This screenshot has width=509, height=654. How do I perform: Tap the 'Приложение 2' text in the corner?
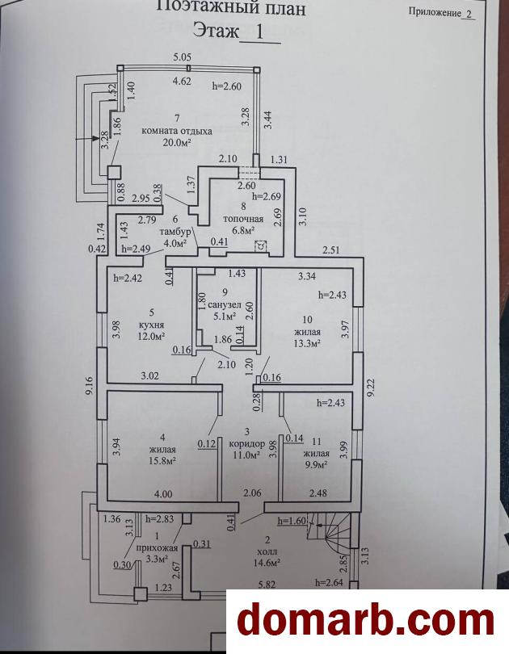[441, 13]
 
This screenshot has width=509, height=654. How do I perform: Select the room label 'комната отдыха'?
[176, 131]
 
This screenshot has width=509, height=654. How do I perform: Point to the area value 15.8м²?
[162, 461]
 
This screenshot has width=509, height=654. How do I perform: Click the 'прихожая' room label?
[156, 547]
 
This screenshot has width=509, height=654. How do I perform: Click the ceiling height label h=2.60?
[227, 85]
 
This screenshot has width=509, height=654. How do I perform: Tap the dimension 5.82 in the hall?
[267, 583]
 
